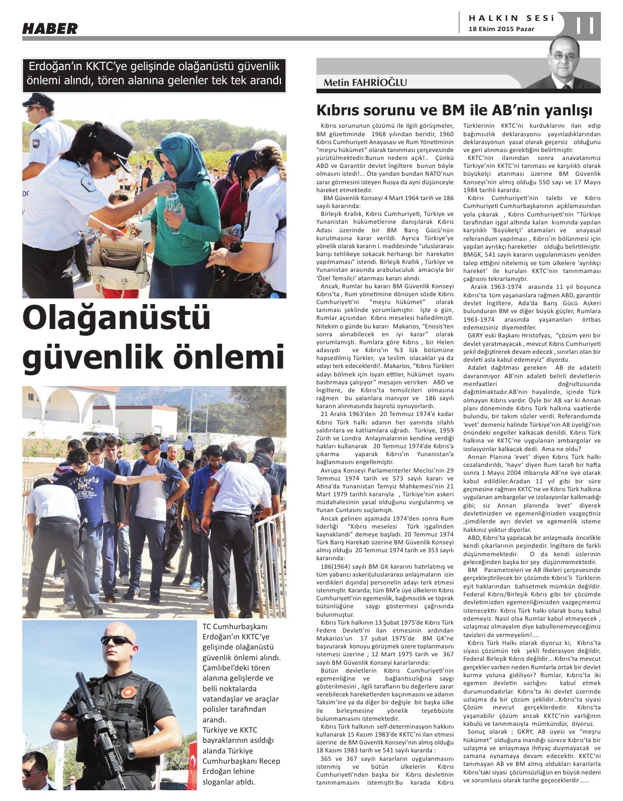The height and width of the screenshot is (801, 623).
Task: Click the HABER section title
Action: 50,28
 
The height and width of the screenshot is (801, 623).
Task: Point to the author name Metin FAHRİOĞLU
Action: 365,83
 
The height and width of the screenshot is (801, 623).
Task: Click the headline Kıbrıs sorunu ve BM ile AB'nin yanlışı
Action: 454,109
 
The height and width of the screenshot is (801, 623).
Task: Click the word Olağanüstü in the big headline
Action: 116,317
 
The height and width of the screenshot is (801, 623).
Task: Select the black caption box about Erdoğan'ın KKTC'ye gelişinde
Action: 154,74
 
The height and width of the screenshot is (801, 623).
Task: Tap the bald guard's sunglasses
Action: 117,640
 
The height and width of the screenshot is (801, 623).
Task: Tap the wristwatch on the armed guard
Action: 129,751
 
